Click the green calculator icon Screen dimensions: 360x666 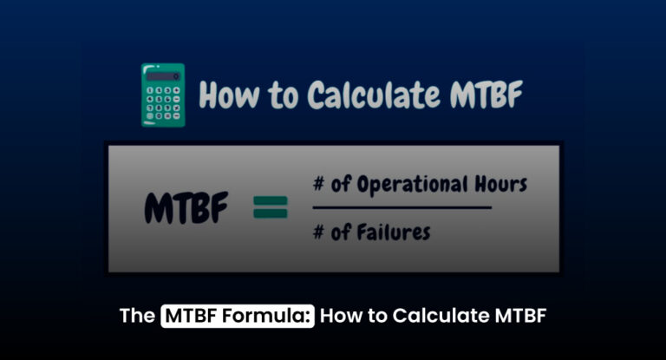click(x=163, y=95)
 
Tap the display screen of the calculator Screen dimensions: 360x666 click(x=163, y=76)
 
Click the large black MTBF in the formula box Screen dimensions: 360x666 click(x=186, y=208)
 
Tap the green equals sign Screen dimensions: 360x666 click(x=270, y=209)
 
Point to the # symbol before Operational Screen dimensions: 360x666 click(x=320, y=185)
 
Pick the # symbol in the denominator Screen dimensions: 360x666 click(x=320, y=232)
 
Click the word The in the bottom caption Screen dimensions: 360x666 click(x=137, y=316)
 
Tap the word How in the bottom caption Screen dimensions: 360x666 click(x=340, y=316)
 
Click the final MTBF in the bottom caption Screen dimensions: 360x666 click(x=519, y=316)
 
